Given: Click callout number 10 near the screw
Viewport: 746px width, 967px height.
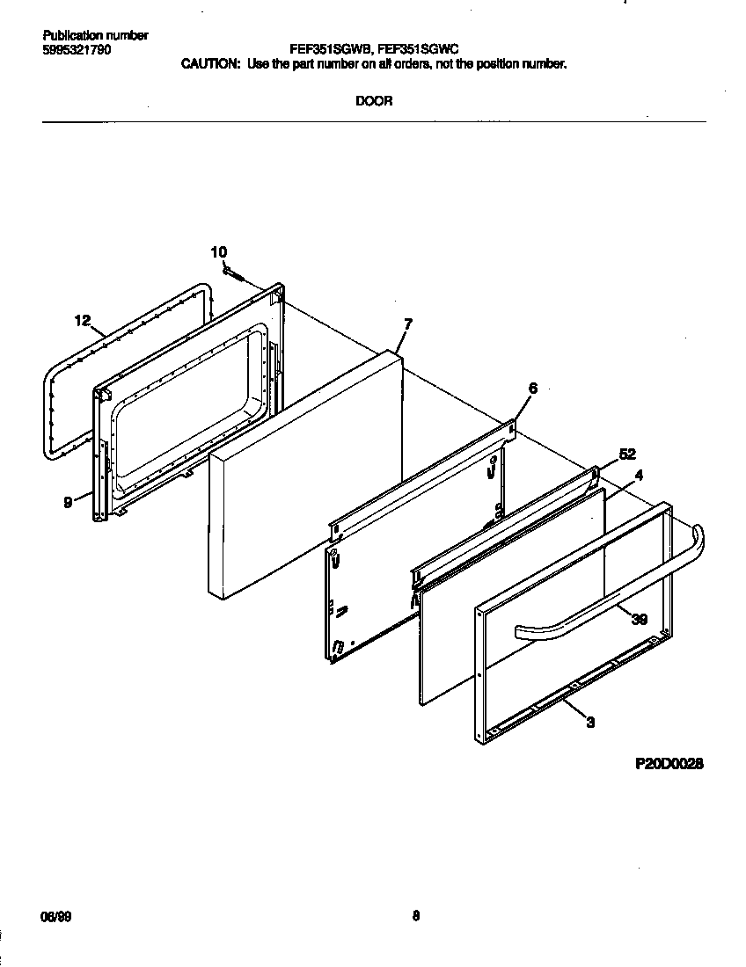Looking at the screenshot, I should coord(219,252).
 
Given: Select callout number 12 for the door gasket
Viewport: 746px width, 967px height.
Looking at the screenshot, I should coord(83,321).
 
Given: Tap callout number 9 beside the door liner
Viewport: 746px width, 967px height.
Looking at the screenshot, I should coord(69,504).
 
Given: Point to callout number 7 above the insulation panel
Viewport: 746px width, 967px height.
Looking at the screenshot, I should coord(407,324).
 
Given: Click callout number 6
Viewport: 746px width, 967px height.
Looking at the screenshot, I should coord(532,387).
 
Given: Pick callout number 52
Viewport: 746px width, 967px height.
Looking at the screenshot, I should coord(626,454).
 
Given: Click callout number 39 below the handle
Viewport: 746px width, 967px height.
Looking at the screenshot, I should coord(640,619).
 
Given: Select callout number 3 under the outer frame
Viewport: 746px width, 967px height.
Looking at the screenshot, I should coord(590,723).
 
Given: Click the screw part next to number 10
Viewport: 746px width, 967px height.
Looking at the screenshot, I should coord(236,274).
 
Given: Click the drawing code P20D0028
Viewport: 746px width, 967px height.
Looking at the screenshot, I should coord(669,765).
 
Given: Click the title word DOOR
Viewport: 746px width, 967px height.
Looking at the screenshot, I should coord(374,101).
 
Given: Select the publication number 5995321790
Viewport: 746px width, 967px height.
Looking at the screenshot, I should coord(77,50).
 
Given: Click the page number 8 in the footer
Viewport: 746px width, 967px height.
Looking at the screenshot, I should coord(416,915).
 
